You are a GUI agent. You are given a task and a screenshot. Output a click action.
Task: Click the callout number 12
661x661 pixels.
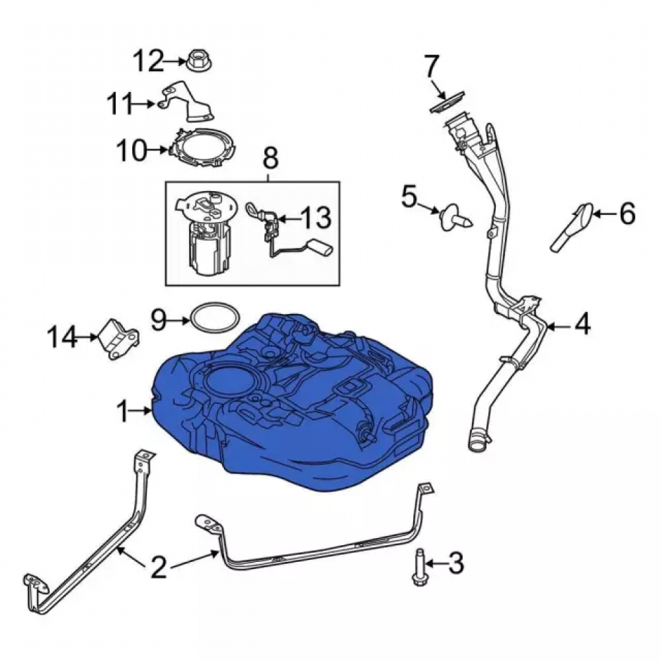[148, 61]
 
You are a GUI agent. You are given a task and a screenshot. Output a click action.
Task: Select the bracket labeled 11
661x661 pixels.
[187, 102]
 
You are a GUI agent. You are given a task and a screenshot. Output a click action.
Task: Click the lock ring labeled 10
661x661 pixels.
[203, 147]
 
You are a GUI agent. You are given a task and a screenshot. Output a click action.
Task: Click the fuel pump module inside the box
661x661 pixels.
[204, 233]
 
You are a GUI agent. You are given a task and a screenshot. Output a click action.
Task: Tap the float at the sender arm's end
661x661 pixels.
[322, 247]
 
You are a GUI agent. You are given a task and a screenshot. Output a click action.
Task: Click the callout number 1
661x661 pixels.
[123, 411]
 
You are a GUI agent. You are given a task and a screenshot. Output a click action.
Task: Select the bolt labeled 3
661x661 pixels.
[420, 566]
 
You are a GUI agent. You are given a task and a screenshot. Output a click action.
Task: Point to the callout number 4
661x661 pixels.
[582, 323]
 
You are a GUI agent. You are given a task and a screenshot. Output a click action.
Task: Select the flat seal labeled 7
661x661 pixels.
[447, 101]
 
